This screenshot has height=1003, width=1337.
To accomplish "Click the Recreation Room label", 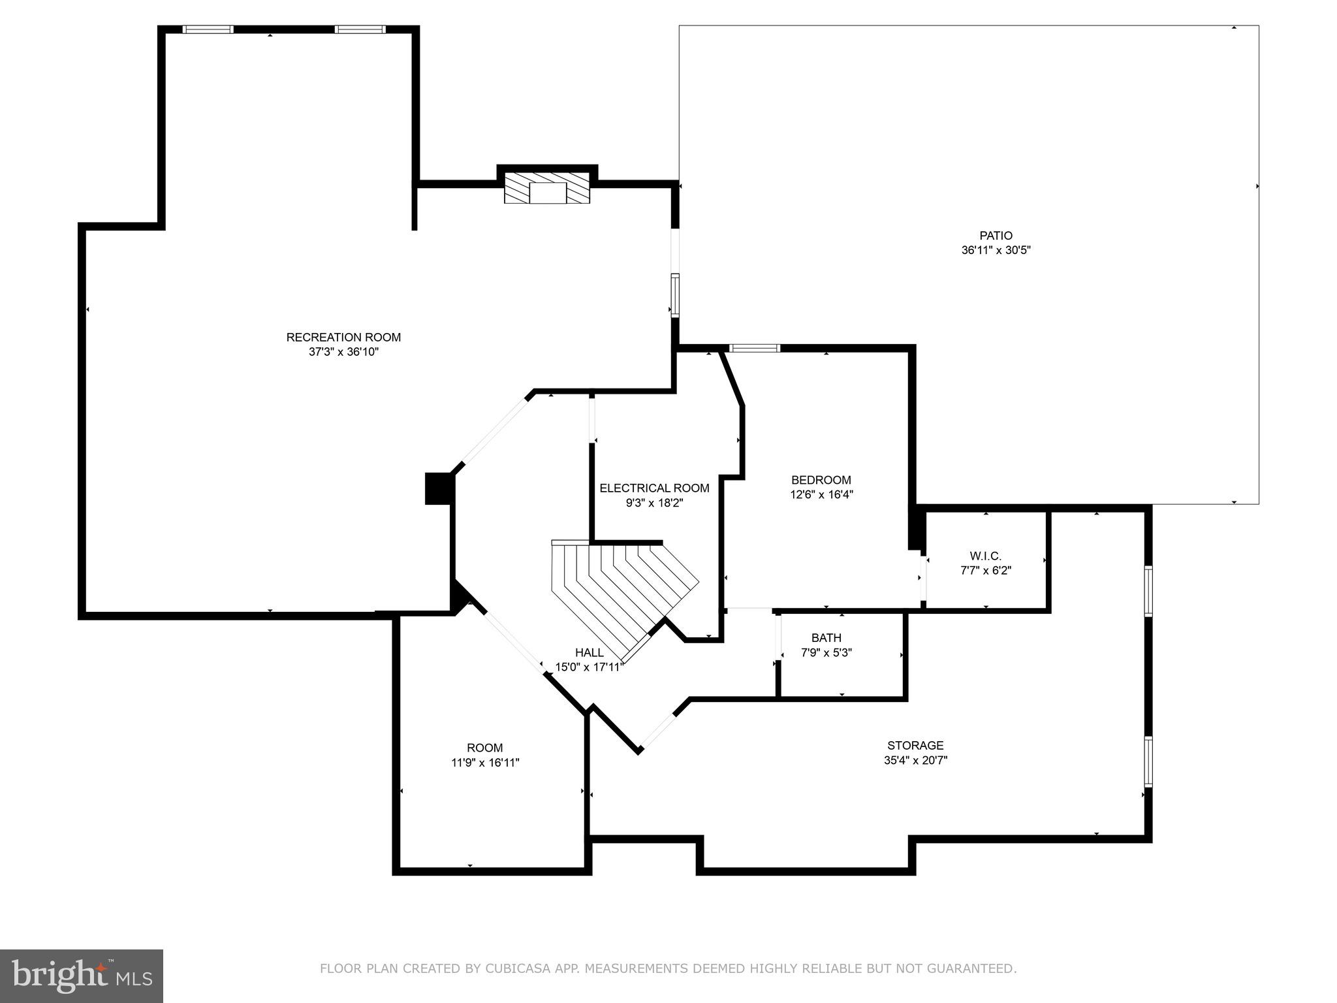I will coord(343,337).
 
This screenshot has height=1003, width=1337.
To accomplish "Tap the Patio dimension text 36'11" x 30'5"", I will coord(996,250).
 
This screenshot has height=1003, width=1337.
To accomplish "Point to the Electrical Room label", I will coord(654,488).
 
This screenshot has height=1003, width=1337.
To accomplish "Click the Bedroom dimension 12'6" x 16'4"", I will coord(821,495).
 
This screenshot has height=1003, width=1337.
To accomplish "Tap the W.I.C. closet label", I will coord(985,556).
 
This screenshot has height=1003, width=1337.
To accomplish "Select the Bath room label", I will coord(826,637).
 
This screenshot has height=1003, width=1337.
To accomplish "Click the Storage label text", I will coord(915,745).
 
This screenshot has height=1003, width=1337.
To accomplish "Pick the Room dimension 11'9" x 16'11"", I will coord(485,762).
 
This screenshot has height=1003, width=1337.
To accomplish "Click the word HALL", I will coord(589,652).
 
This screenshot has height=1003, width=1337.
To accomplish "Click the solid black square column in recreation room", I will coord(439,488).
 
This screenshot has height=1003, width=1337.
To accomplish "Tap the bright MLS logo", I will coord(82,975).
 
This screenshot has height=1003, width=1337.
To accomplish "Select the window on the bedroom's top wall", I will coord(755,348).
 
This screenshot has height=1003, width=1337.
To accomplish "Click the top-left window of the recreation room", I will coord(208,29).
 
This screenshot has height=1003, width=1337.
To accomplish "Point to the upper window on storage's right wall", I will coord(1148,591).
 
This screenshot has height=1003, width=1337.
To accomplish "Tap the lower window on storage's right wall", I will coord(1148,761).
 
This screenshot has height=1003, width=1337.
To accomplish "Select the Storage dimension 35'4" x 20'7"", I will coord(915,760).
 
